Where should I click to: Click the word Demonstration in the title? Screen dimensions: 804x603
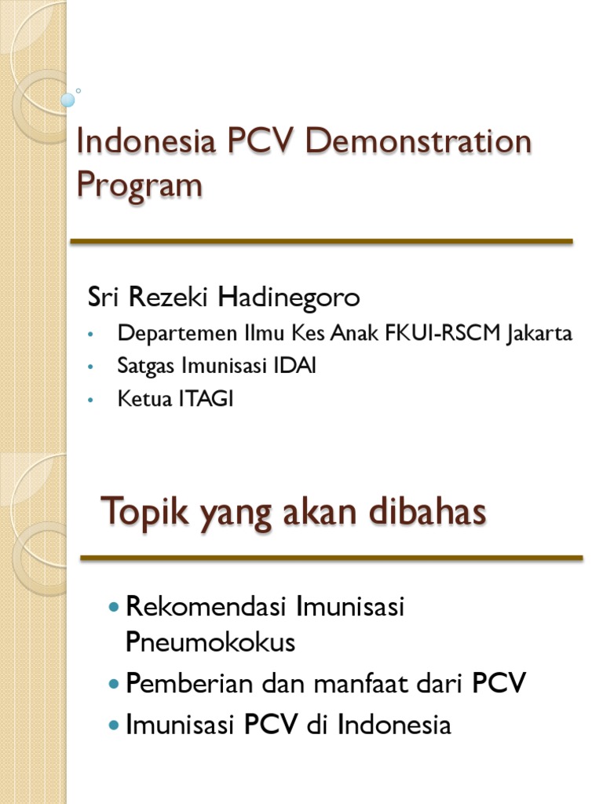pos(418,143)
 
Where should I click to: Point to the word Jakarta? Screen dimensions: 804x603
pos(540,333)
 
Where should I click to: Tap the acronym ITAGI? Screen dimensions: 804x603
pos(207,399)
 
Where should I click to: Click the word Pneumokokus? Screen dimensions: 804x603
pos(210,642)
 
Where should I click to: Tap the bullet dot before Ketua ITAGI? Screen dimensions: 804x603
pos(91,400)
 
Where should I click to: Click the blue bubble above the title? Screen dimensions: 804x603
pos(68,100)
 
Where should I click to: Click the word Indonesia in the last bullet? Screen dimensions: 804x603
pos(394,725)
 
